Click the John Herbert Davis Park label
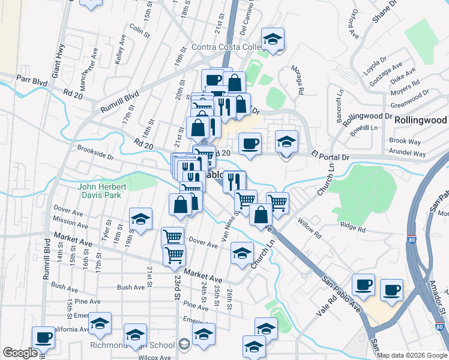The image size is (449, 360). [x=100, y=190]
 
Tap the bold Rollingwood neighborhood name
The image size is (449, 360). [x=421, y=120]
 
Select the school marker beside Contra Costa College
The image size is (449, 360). [x=273, y=39]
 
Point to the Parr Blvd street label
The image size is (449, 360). [x=32, y=79]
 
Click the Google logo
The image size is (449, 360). [x=20, y=353]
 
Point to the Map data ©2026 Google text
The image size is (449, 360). [x=412, y=355]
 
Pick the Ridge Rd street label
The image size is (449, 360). [x=352, y=228]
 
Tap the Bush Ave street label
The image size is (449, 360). [x=131, y=287]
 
